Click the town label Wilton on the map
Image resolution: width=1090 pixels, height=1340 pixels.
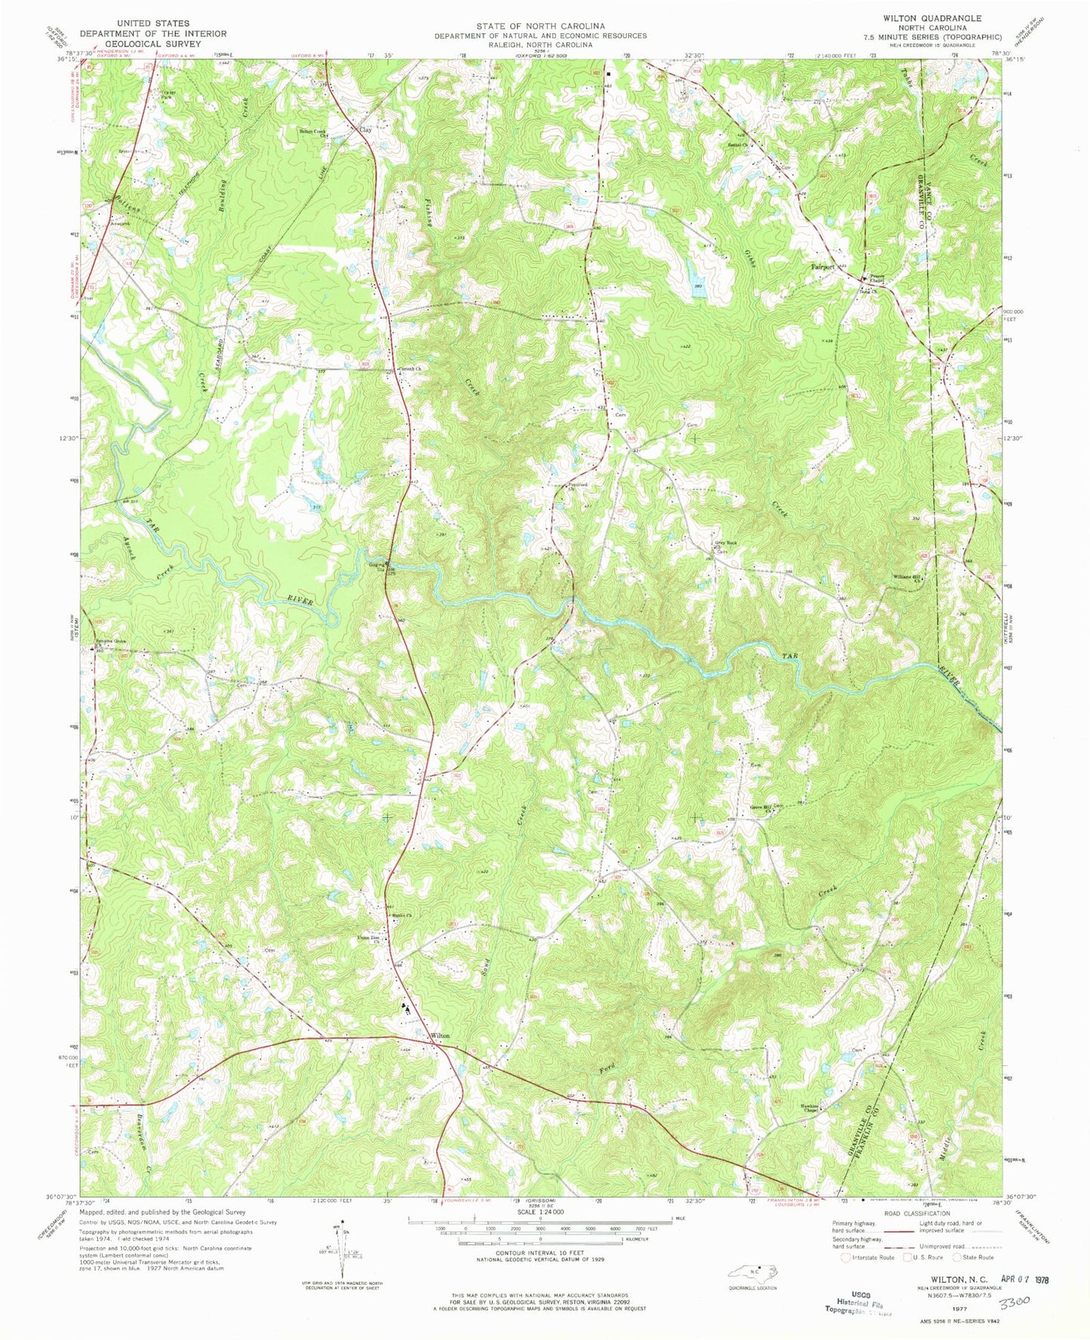click(440, 1036)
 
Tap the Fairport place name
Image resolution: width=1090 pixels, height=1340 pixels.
click(823, 267)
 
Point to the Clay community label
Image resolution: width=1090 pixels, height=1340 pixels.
click(366, 130)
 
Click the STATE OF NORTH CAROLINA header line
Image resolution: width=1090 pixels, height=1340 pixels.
click(539, 26)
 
